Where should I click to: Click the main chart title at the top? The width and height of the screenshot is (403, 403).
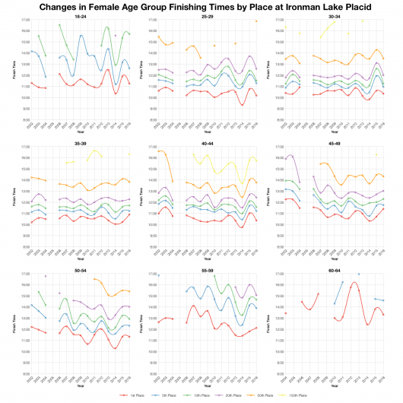tap(201, 6)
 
